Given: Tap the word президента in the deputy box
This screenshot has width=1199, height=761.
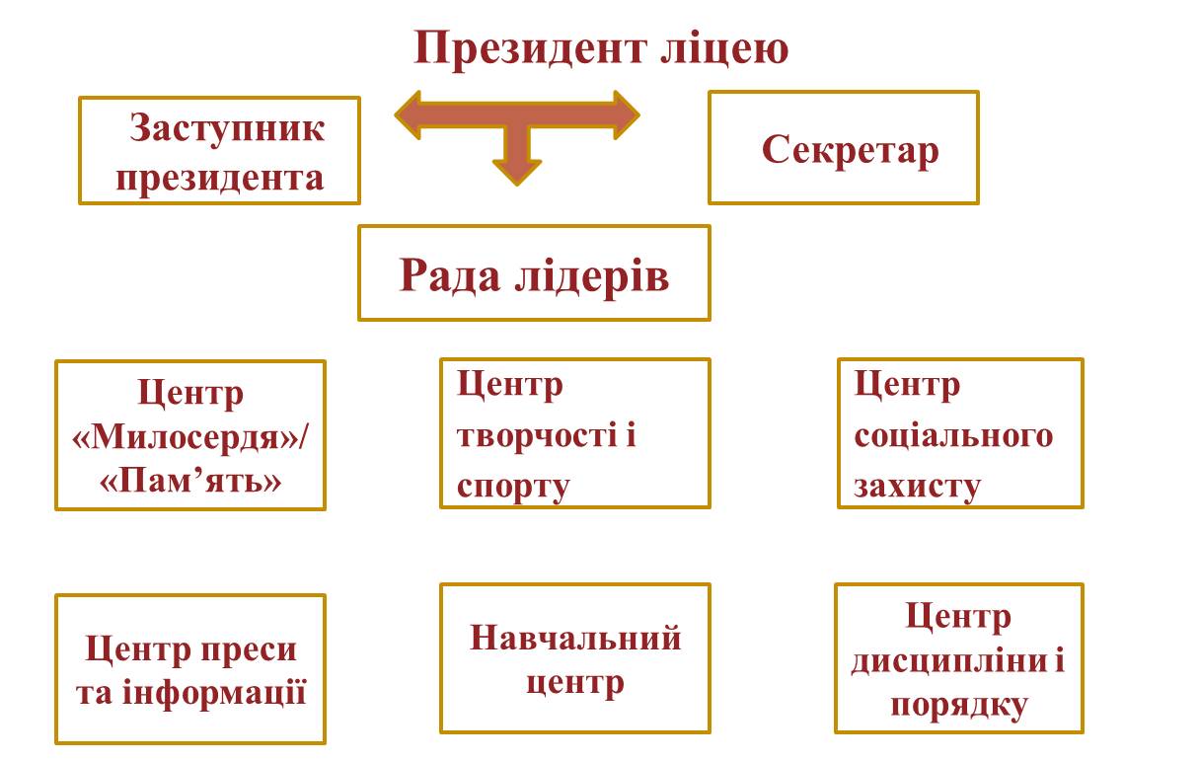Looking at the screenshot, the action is click(220, 179).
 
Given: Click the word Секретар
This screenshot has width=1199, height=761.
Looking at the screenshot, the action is click(850, 150).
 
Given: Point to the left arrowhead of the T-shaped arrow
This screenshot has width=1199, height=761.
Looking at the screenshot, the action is click(407, 114).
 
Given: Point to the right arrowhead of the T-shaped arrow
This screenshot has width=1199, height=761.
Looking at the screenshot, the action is click(627, 114).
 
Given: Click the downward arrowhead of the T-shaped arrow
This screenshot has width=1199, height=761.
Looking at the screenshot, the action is click(517, 173).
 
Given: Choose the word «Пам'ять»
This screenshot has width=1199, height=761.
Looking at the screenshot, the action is click(190, 481).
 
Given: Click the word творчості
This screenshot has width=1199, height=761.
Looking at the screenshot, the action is click(537, 434).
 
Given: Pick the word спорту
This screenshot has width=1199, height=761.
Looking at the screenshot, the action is click(513, 487).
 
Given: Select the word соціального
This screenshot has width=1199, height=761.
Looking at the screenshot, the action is click(953, 435).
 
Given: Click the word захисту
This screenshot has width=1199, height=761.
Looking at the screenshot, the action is click(917, 487).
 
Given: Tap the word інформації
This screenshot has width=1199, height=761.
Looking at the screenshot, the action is click(214, 693).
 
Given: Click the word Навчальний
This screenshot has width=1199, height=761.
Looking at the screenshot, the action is click(575, 638).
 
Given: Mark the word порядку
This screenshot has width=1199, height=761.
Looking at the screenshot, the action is click(959, 705).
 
